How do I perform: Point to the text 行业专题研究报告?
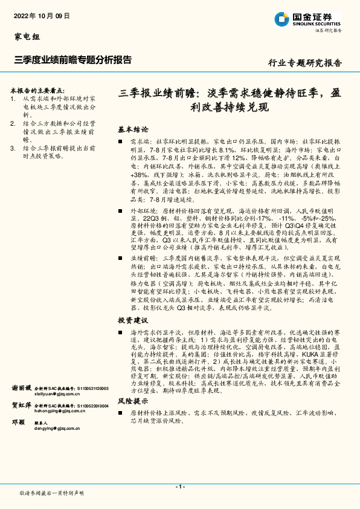click(304, 62)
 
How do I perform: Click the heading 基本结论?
click(133, 130)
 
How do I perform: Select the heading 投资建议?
click(133, 320)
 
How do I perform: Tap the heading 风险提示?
click(133, 400)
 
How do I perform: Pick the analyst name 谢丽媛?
click(21, 387)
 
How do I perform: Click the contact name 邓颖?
click(18, 423)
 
